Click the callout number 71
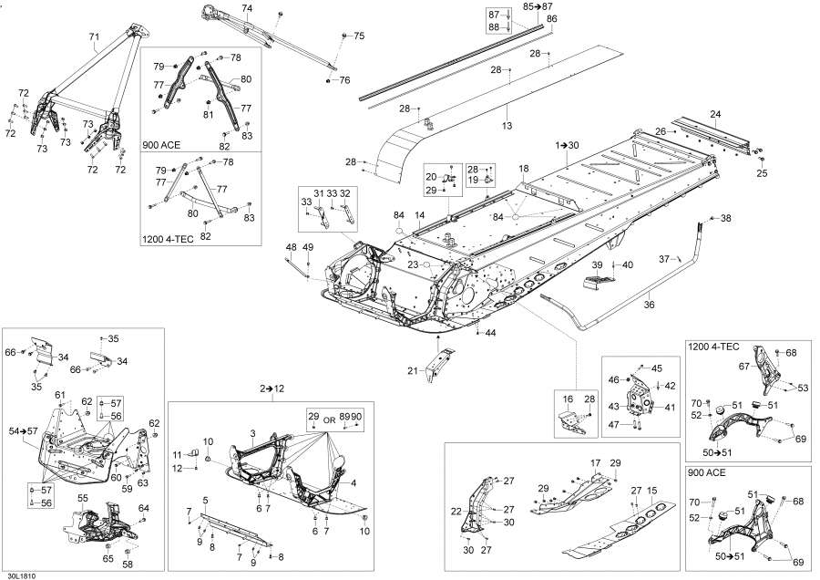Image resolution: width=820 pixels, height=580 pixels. [x=95, y=37]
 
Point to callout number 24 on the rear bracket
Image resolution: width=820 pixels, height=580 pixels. [x=715, y=114]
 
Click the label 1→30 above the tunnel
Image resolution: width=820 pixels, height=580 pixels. [x=568, y=145]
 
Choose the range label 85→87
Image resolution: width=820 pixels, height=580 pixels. [x=538, y=5]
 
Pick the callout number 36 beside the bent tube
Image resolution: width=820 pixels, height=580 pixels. [x=649, y=306]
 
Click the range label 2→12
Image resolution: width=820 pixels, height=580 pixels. [x=272, y=388]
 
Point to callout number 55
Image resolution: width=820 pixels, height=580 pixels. [x=82, y=499]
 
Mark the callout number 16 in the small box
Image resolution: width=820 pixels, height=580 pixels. [x=568, y=399]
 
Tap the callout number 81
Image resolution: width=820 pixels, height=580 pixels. [x=209, y=115]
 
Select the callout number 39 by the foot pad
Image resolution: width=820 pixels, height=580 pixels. [x=599, y=264]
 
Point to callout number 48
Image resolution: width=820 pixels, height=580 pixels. [x=291, y=247]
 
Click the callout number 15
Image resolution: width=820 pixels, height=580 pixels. [x=651, y=491]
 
